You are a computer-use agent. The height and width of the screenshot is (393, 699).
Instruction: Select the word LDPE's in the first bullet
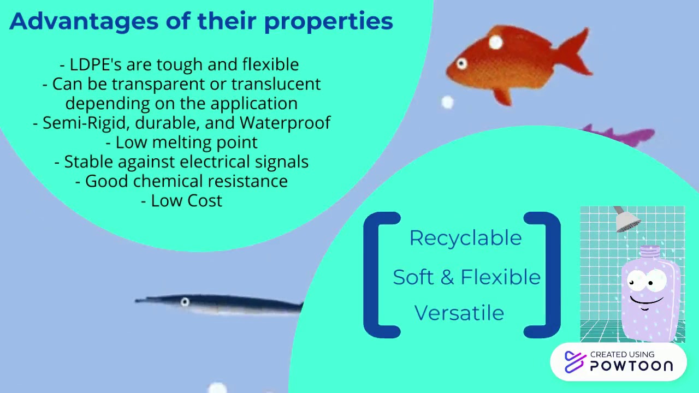pyautogui.click(x=95, y=64)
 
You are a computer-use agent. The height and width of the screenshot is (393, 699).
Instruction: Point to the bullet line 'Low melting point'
pyautogui.click(x=181, y=142)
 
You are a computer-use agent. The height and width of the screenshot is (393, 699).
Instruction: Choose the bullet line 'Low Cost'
pyautogui.click(x=181, y=201)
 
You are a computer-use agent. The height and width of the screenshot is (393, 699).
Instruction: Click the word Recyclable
pyautogui.click(x=465, y=238)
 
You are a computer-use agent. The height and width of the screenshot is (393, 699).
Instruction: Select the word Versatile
pyautogui.click(x=459, y=313)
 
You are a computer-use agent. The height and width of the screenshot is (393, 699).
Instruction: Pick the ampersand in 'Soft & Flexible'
pyautogui.click(x=447, y=277)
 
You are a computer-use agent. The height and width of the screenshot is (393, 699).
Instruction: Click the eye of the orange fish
pyautogui.click(x=461, y=64)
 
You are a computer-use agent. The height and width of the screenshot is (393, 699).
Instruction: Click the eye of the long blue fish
pyautogui.click(x=185, y=302)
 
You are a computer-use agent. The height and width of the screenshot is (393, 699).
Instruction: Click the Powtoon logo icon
pyautogui.click(x=574, y=361)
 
